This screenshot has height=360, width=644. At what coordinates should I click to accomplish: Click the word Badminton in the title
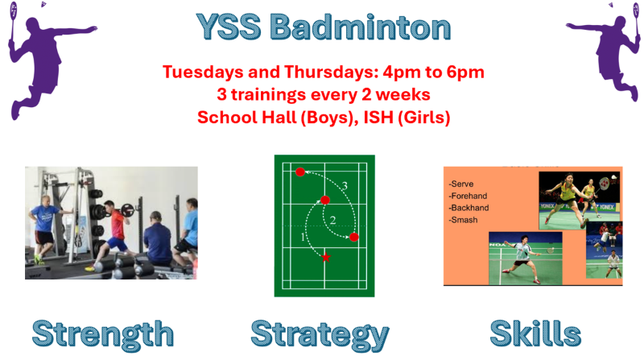click(x=360, y=27)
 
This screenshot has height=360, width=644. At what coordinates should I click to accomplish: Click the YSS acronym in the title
click(x=229, y=27)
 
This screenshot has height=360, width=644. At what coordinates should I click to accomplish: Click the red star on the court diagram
click(x=326, y=258)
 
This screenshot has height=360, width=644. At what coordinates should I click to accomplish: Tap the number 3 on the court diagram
click(x=345, y=186)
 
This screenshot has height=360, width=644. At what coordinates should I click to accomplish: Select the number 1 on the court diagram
click(x=303, y=237)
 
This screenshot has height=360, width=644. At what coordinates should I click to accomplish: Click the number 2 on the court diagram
click(x=333, y=221)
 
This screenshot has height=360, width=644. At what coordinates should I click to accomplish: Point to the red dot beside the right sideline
click(x=354, y=237)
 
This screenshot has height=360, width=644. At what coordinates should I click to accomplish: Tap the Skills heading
click(x=535, y=333)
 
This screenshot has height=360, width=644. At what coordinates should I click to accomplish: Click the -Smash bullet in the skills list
click(x=464, y=220)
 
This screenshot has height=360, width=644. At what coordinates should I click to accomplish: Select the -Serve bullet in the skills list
click(x=461, y=184)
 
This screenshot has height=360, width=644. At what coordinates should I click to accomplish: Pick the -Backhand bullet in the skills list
click(x=469, y=208)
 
